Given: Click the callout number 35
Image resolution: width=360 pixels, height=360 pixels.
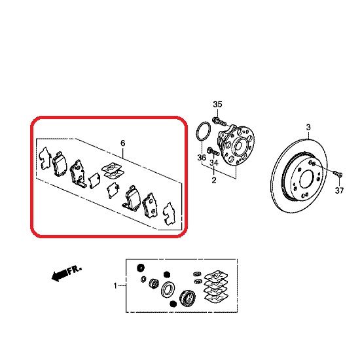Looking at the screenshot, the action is (x=217, y=104).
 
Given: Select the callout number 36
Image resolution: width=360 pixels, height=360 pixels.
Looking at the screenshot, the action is (x=202, y=158).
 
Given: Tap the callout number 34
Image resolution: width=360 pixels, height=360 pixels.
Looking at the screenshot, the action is (x=214, y=163).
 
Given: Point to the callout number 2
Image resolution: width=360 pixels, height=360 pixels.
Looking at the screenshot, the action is (x=214, y=180).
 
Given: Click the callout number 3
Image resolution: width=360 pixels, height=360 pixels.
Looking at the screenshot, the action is (x=308, y=127).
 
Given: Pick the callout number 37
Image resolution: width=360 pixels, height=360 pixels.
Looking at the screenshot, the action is (x=339, y=190).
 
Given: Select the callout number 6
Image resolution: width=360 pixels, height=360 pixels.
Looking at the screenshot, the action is (x=123, y=143).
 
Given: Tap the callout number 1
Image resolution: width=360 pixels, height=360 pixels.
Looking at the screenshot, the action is (x=115, y=286).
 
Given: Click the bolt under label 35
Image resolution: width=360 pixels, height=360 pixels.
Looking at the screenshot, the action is (x=219, y=121).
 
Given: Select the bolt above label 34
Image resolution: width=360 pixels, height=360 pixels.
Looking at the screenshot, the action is (x=213, y=151).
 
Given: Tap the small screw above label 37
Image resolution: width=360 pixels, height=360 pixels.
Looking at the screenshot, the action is (x=337, y=173).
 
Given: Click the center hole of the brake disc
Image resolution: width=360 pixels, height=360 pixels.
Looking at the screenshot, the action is (x=306, y=179).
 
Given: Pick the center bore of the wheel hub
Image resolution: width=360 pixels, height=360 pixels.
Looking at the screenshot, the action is (x=240, y=145).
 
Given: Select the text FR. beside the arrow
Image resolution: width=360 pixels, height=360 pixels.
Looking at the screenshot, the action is (x=75, y=270).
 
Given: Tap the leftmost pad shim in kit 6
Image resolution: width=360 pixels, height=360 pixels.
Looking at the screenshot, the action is (x=45, y=158).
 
